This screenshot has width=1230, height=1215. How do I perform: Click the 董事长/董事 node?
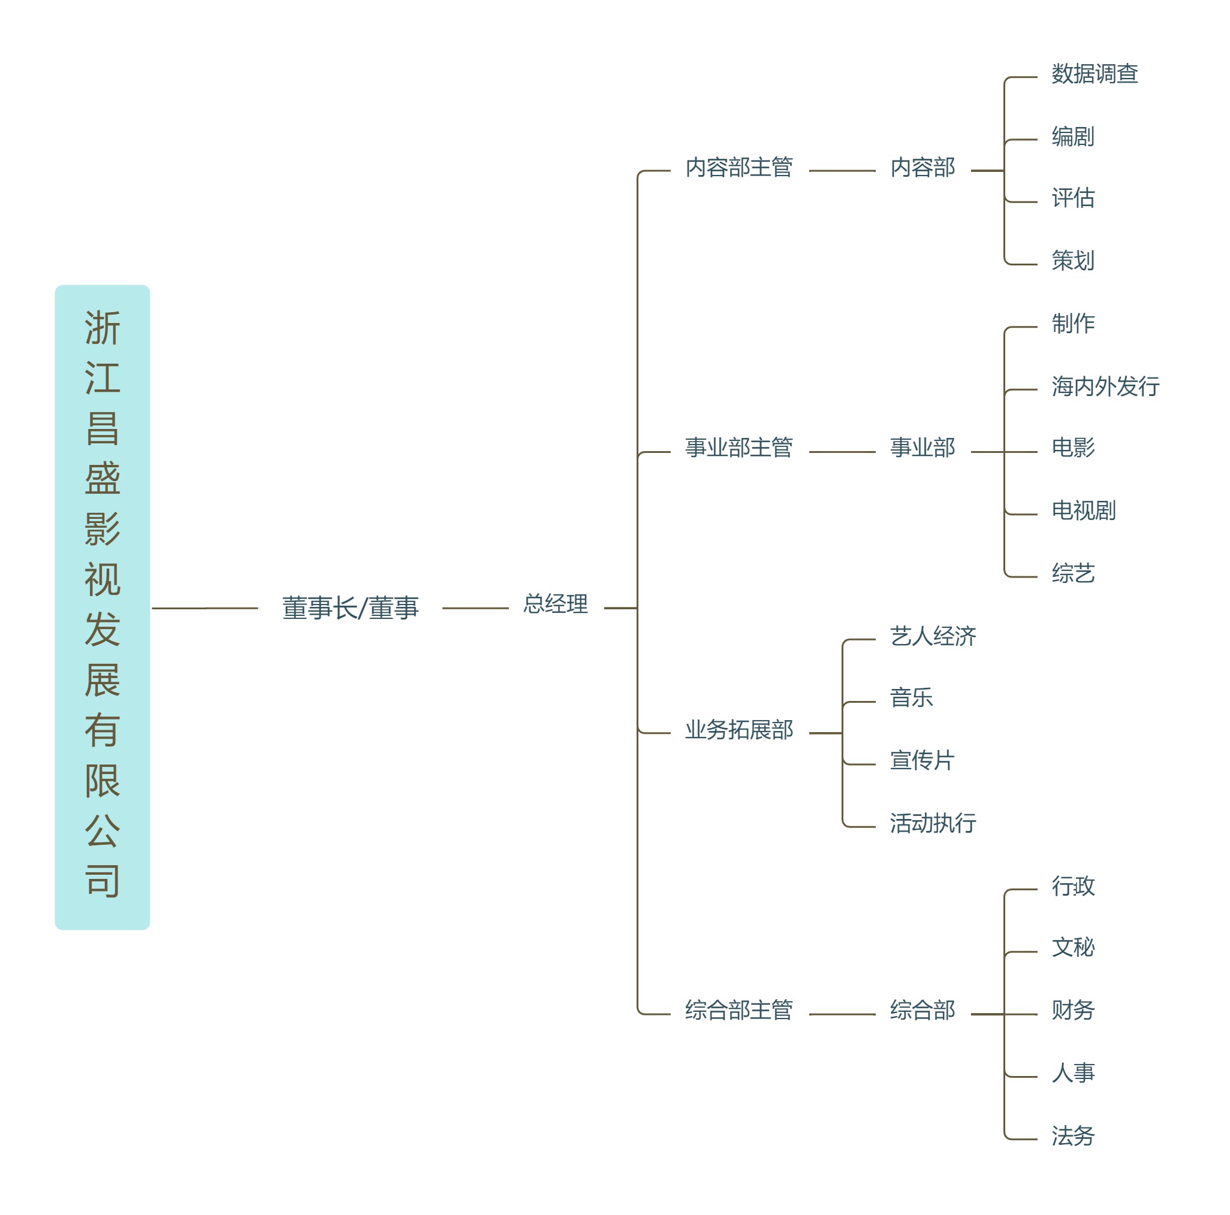tap(350, 608)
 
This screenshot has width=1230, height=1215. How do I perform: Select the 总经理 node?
tap(555, 604)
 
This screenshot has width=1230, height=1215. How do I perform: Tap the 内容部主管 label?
tap(738, 167)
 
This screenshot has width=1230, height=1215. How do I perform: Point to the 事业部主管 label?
tap(738, 448)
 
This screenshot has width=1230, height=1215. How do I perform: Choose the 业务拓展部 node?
tap(738, 729)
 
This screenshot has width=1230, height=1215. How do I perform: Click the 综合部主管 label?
tap(738, 1010)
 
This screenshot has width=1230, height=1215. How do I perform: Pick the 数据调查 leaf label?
tap(1095, 74)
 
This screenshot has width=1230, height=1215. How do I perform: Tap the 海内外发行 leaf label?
tap(1105, 386)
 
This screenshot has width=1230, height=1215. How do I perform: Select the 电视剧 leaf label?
tap(1084, 510)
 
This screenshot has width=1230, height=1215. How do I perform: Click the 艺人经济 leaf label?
tap(933, 636)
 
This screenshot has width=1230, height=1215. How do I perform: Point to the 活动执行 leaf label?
tap(933, 823)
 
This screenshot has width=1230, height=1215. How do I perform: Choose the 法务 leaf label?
tap(1073, 1136)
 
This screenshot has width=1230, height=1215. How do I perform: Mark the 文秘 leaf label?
tap(1073, 947)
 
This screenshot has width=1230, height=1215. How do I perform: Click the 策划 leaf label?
tap(1073, 260)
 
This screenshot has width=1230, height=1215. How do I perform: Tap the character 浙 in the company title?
tap(103, 328)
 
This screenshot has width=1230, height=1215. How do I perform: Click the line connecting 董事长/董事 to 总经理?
tap(475, 609)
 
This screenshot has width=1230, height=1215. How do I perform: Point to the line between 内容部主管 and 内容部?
tap(842, 171)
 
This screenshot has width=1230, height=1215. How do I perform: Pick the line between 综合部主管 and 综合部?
tap(842, 1014)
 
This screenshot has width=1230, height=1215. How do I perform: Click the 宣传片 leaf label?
tap(922, 760)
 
